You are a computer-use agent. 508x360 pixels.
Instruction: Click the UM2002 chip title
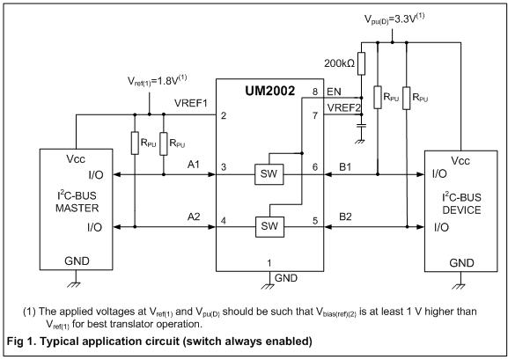[270, 91]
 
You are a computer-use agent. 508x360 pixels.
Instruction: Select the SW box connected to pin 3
[269, 174]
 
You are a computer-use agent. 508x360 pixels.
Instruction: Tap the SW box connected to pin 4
[269, 227]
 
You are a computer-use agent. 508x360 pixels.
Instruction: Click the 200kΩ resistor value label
[339, 63]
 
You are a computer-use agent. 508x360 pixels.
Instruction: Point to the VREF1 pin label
[191, 103]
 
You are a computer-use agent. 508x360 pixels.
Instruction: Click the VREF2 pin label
[343, 107]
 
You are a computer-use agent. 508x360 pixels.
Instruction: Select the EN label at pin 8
[334, 92]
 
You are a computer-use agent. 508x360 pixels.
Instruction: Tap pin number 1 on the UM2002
[269, 263]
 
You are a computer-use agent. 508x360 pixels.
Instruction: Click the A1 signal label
[194, 165]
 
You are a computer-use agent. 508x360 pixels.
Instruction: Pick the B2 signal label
[345, 217]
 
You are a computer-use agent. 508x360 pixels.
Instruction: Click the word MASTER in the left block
[77, 208]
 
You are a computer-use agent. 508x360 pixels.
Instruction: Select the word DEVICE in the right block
[461, 210]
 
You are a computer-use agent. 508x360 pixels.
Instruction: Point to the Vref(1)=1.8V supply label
[157, 81]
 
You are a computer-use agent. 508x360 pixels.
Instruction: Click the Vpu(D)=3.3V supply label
[394, 18]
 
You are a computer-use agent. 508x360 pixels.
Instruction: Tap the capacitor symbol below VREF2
[362, 125]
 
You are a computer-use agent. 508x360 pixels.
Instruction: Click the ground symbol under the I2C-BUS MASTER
[76, 284]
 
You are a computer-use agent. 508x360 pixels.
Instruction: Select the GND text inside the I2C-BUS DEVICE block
[461, 263]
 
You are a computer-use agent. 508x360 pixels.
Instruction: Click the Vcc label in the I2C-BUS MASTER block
[76, 159]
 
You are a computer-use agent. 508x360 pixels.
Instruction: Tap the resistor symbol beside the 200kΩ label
[362, 64]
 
